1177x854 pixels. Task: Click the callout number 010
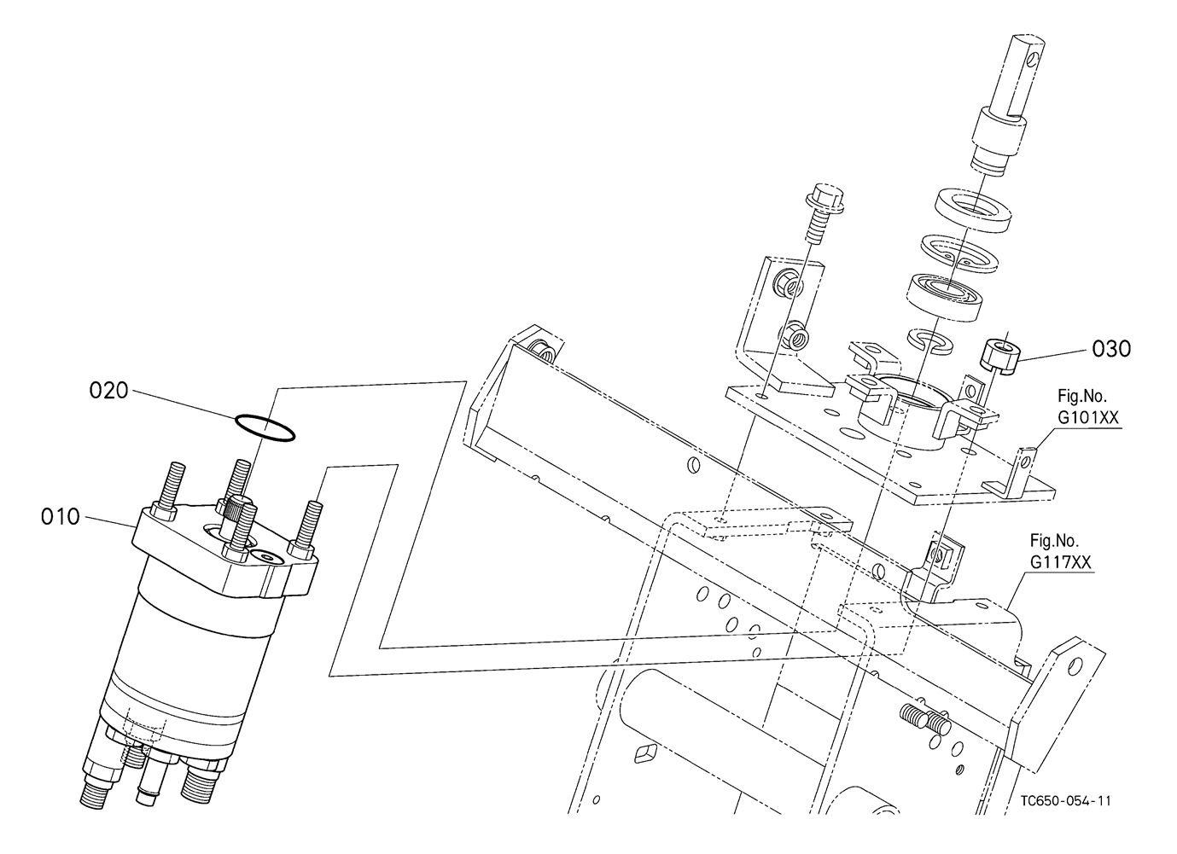61,517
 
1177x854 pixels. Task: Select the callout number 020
108,391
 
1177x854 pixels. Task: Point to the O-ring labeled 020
265,428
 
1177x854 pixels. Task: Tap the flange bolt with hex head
822,214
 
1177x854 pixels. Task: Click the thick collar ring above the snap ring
974,210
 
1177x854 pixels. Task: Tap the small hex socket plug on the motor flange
266,557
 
